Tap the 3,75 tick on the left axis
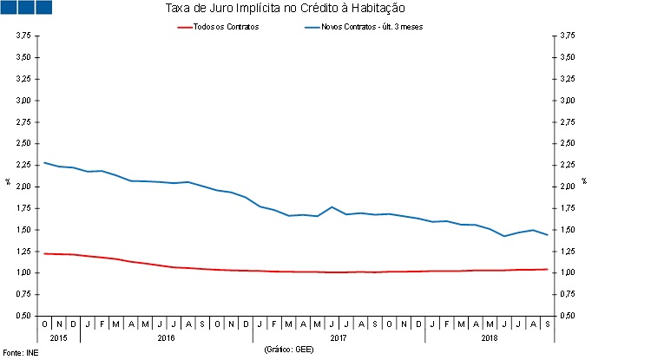tap(23, 36)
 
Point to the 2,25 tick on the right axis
tap(566, 165)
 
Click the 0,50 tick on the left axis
tap(23, 316)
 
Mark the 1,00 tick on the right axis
tap(566, 272)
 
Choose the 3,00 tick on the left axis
tap(23, 101)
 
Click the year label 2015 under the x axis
tap(58, 337)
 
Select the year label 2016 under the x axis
tap(165, 337)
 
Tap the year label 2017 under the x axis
tap(339, 337)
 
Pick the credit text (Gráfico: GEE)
tap(289, 350)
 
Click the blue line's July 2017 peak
tap(332, 206)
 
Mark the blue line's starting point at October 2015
tap(45, 162)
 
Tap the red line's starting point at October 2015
tap(45, 253)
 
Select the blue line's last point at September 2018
tap(547, 235)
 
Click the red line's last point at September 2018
tap(547, 269)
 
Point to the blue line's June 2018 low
tap(504, 236)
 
